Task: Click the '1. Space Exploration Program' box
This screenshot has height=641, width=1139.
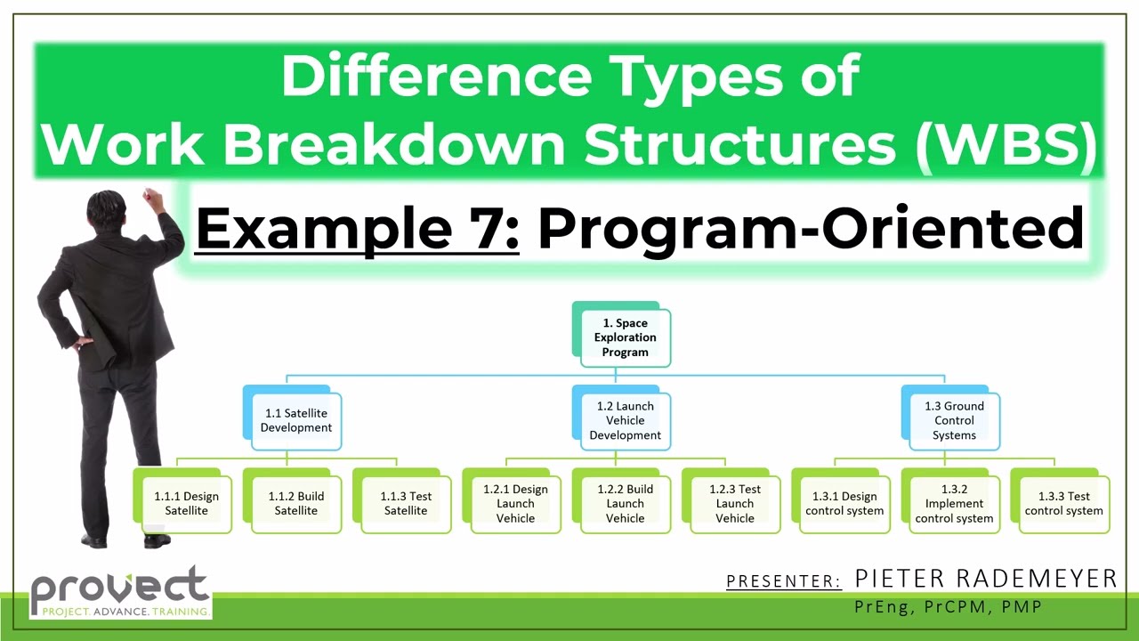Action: (625, 337)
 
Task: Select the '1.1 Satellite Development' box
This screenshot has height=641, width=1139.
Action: (295, 420)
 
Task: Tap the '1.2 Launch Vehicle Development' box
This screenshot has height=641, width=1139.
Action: (625, 420)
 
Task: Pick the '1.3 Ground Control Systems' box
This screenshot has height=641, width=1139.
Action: (954, 420)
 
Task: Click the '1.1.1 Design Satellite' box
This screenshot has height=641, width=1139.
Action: (186, 503)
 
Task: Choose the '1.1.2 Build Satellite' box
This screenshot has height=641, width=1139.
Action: (296, 503)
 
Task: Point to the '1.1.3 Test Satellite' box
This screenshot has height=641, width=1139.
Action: (406, 503)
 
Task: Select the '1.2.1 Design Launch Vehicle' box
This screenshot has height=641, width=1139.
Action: (515, 503)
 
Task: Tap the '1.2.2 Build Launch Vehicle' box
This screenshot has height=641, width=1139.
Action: (625, 503)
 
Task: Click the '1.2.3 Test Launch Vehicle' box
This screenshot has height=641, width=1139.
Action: (735, 503)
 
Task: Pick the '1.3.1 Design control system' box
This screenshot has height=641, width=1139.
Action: (844, 503)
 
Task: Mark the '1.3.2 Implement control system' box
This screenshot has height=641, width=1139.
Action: (954, 503)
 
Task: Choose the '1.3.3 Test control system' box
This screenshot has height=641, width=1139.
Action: (1063, 503)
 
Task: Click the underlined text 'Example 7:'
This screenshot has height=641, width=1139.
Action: (357, 229)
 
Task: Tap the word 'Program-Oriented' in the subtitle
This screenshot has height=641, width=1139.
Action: (811, 229)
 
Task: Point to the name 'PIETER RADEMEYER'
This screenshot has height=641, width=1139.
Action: (985, 579)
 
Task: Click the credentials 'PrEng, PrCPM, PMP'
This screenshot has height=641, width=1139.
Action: (948, 607)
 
